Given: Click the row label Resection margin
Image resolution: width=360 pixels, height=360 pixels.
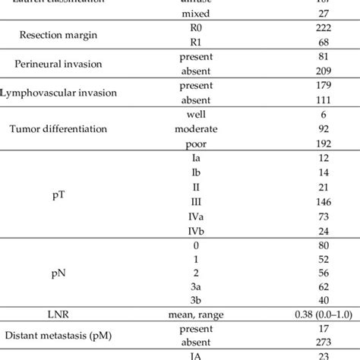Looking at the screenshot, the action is [x=59, y=35].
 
